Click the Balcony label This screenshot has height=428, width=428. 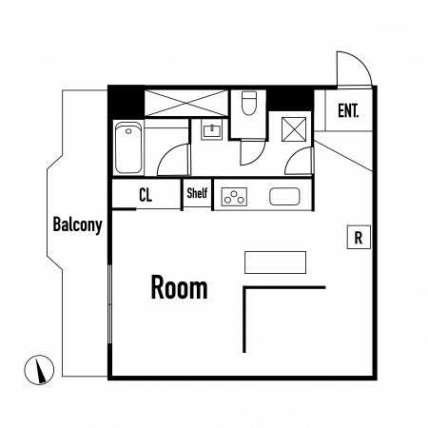tap(77, 225)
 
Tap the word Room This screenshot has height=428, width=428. tap(179, 287)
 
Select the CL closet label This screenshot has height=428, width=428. tap(146, 195)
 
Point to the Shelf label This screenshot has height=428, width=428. tap(197, 193)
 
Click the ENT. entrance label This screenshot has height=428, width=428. tap(348, 110)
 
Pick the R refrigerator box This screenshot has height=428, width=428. tap(359, 237)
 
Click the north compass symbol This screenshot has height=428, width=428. tap(39, 370)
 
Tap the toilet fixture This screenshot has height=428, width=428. tap(249, 104)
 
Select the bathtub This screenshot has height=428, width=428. tap(128, 147)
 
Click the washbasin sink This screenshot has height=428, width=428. tap(211, 130)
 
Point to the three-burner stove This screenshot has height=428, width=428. tap(234, 197)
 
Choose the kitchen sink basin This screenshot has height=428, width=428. tap(284, 197)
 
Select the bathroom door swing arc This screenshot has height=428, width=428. tap(167, 152)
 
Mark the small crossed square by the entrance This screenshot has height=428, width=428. tap(294, 129)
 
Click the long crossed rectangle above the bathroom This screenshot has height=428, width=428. tap(186, 103)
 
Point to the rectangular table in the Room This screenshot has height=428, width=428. tap(275, 263)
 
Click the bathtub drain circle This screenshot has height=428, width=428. tap(128, 131)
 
